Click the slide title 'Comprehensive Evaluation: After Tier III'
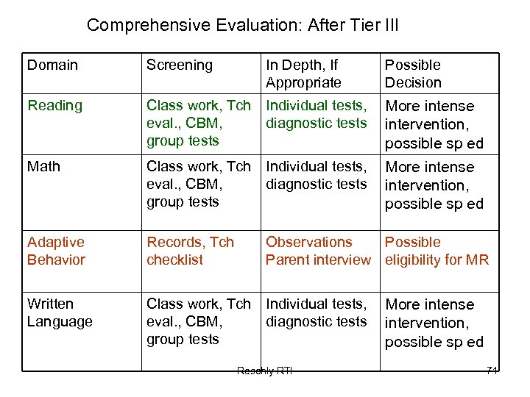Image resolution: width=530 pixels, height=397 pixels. point(242,25)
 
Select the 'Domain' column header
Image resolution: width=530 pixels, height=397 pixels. point(52,65)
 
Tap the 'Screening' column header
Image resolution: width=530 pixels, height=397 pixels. point(179,65)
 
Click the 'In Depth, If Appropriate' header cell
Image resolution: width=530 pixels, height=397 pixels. point(303,74)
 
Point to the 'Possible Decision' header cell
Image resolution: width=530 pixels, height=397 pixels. point(413,74)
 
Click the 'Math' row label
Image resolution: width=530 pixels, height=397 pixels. point(43,166)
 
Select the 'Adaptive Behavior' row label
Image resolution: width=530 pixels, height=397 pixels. point(56,251)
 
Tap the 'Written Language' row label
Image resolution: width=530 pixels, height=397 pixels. point(60,312)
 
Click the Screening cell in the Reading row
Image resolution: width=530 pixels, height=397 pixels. point(198,123)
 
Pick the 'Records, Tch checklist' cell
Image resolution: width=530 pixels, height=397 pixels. point(190,251)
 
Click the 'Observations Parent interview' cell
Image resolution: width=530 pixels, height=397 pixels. point(318,251)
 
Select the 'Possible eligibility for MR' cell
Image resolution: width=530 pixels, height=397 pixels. point(437,251)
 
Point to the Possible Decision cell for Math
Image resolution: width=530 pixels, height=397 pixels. point(434,185)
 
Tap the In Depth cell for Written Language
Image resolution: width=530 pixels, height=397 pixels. point(316,312)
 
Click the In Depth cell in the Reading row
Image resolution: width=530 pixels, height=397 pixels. point(316,114)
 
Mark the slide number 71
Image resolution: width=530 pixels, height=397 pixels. point(492,371)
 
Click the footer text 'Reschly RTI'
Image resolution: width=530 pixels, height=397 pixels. point(264,371)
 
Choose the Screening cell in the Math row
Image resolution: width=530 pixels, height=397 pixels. point(198,184)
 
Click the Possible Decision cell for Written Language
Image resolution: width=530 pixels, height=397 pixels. point(434,323)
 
